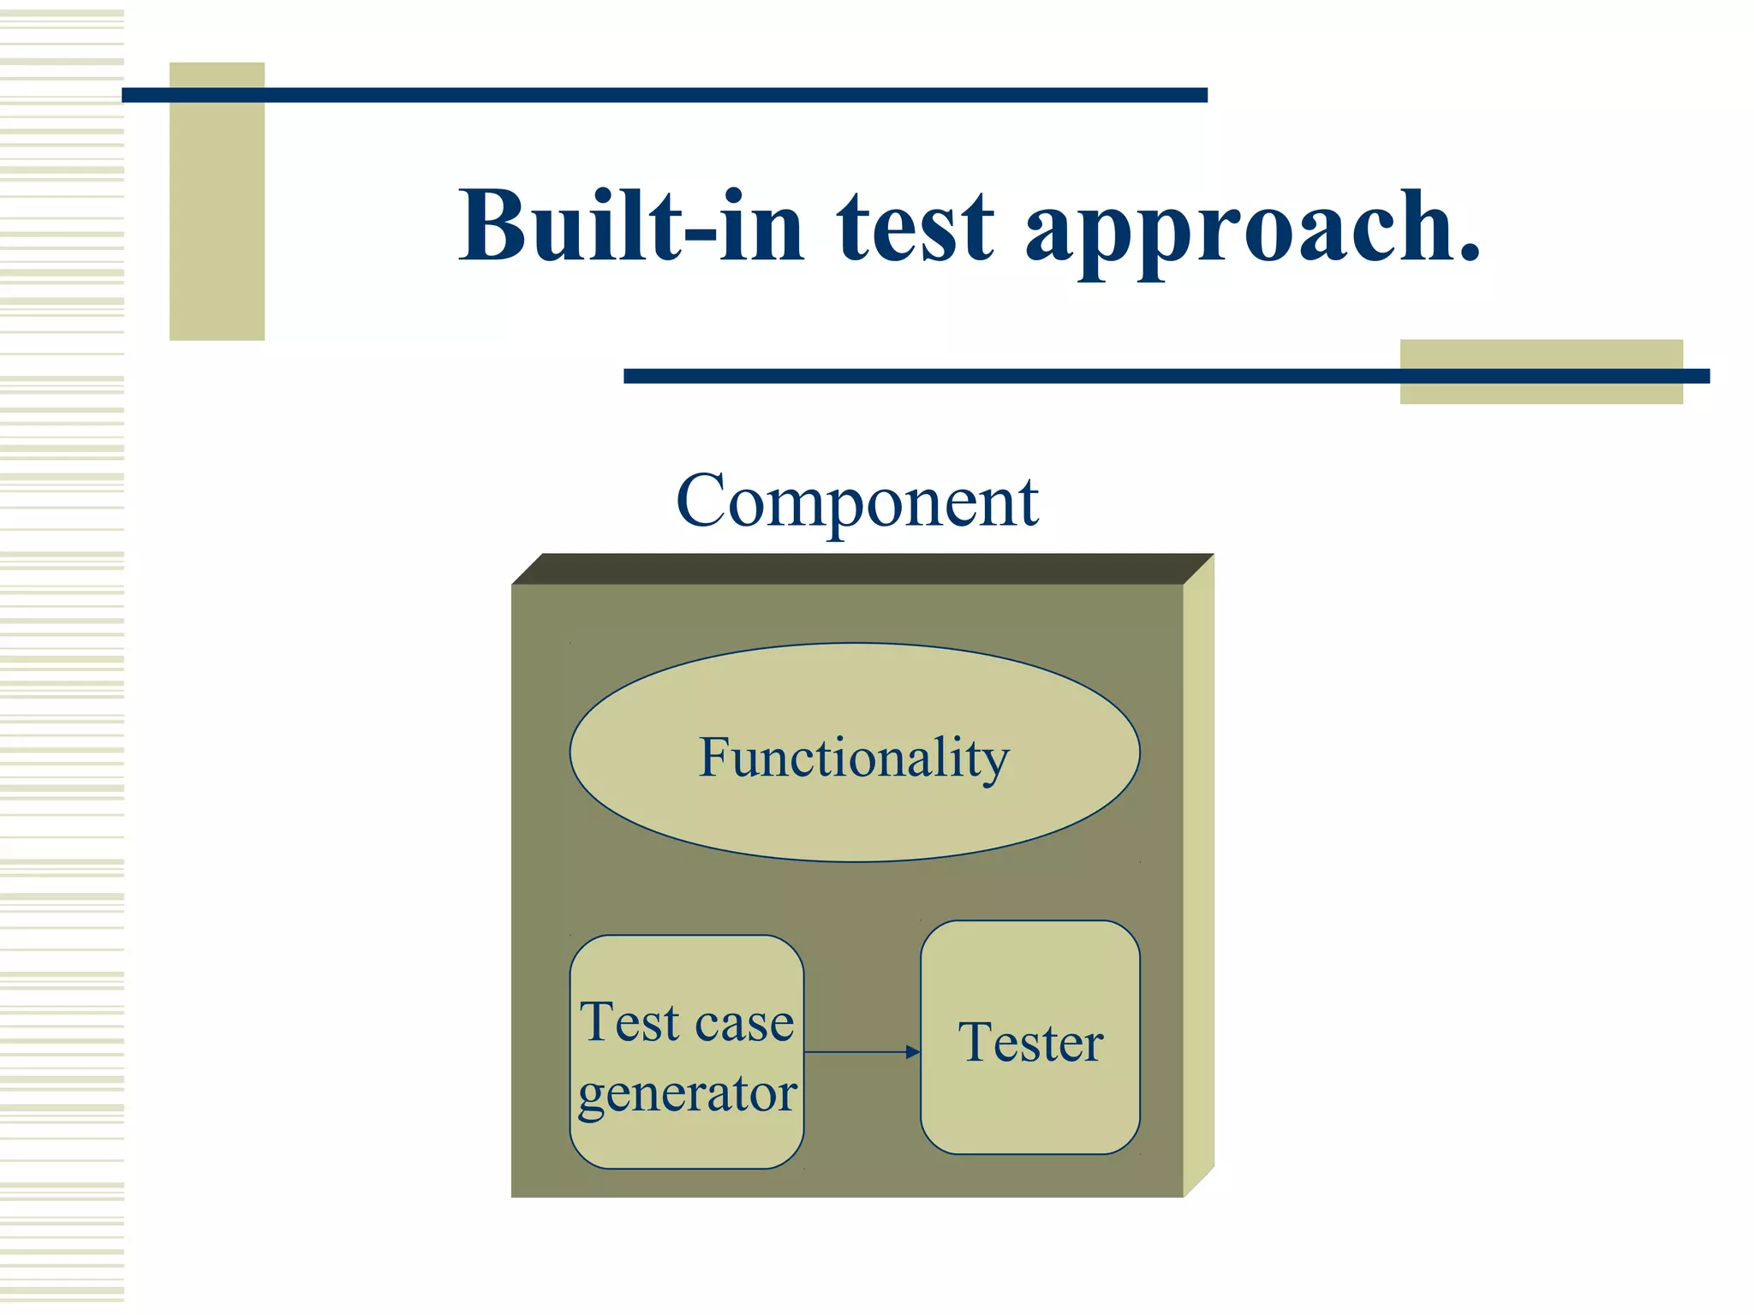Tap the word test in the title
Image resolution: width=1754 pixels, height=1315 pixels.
915,228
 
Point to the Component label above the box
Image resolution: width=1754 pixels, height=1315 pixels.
856,502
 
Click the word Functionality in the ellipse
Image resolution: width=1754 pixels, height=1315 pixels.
854,759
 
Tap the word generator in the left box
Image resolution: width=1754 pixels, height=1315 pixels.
687,1094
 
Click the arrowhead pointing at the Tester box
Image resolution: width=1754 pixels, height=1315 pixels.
913,1052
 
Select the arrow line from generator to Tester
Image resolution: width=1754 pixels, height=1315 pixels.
856,1052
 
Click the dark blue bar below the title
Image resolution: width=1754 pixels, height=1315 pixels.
1028,376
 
